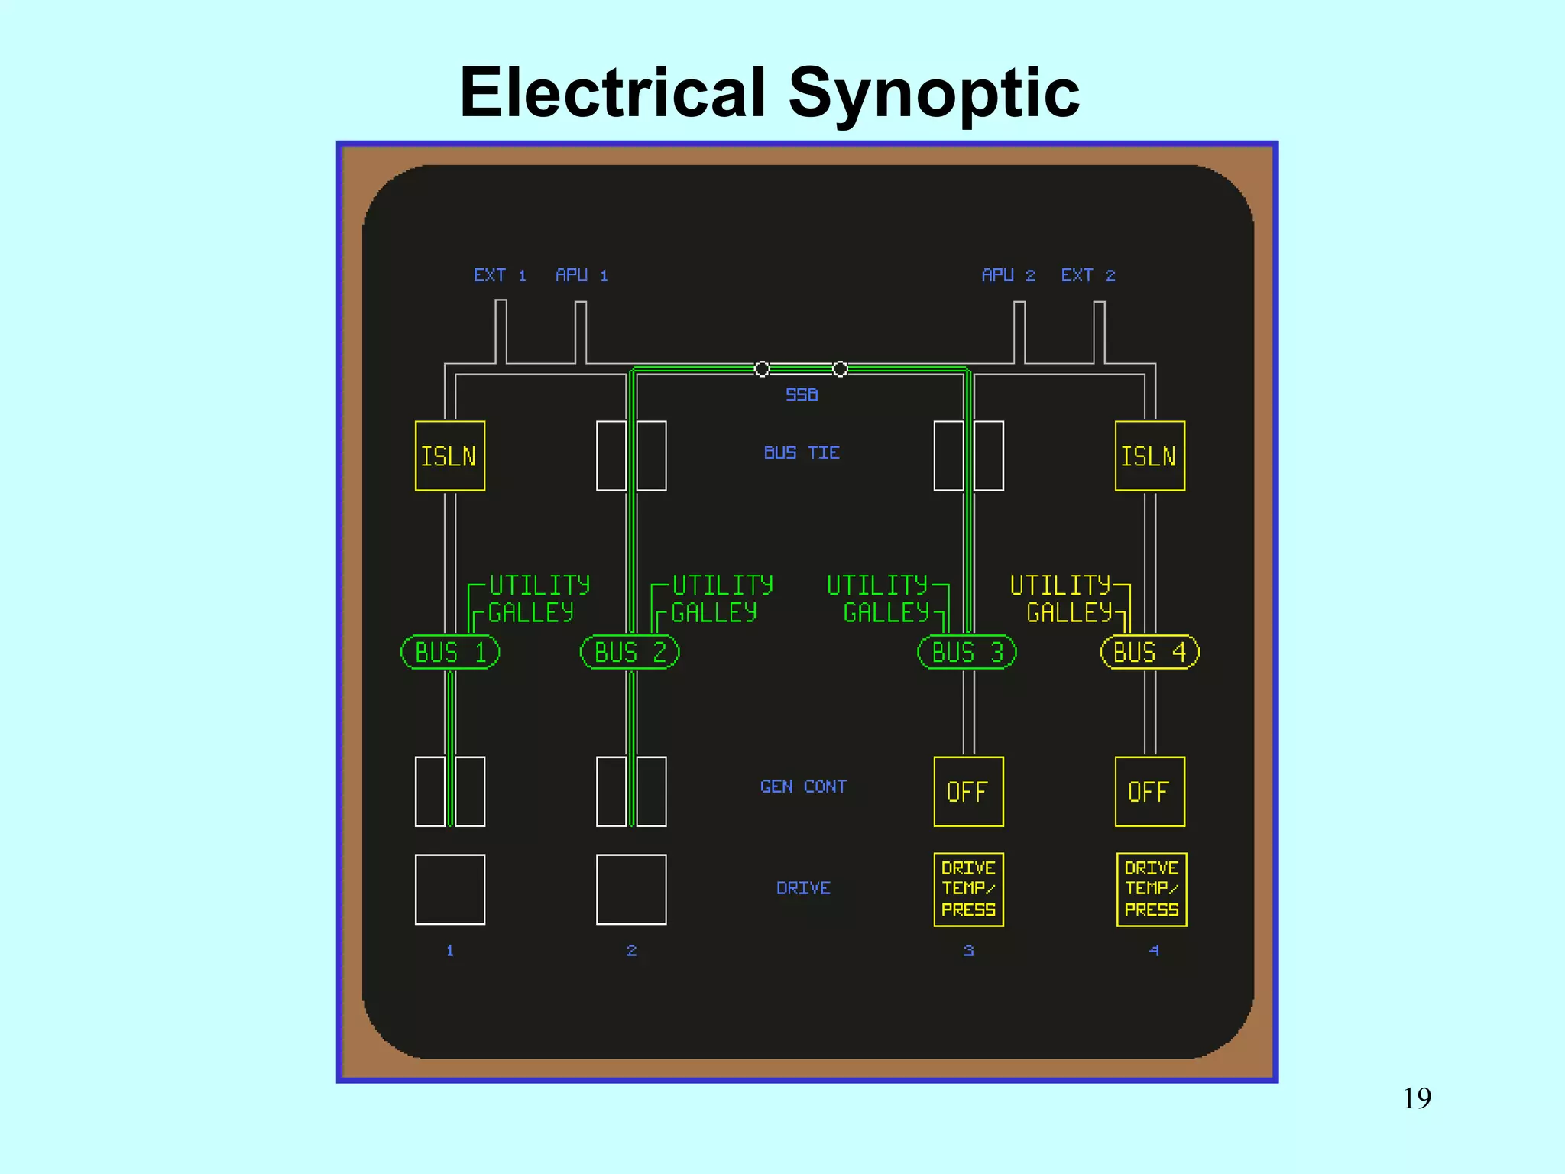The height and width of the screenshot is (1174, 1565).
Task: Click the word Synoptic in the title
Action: (x=933, y=93)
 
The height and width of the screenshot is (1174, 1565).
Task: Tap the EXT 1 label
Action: (x=499, y=275)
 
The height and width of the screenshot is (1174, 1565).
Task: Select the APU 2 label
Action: (x=1008, y=275)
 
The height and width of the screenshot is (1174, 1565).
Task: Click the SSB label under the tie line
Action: (x=802, y=394)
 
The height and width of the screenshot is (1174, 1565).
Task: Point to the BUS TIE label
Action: (x=802, y=452)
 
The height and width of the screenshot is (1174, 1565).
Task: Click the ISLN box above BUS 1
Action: (x=449, y=456)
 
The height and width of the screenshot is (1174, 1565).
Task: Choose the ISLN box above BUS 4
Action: (x=1149, y=456)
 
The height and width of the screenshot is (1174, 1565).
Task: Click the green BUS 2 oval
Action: (x=630, y=652)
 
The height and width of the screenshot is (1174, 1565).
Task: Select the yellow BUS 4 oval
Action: (x=1149, y=652)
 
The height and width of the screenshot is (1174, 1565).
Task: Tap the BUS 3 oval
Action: (x=967, y=652)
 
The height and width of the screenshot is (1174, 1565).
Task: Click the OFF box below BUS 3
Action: (x=968, y=792)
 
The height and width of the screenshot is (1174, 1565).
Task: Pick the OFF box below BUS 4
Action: (x=1149, y=792)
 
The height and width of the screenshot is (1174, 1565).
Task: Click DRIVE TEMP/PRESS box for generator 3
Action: (x=968, y=889)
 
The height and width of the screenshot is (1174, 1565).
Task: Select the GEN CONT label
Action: (x=803, y=786)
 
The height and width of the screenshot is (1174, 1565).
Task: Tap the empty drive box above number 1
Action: (x=449, y=889)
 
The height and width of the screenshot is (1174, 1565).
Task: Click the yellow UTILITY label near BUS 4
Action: (x=1060, y=585)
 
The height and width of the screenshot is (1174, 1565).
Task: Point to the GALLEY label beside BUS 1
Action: (x=530, y=613)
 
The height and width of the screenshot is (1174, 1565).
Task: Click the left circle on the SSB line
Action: (x=762, y=369)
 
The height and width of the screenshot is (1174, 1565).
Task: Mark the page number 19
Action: (x=1417, y=1098)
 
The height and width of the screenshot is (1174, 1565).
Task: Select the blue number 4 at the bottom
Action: (x=1154, y=950)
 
